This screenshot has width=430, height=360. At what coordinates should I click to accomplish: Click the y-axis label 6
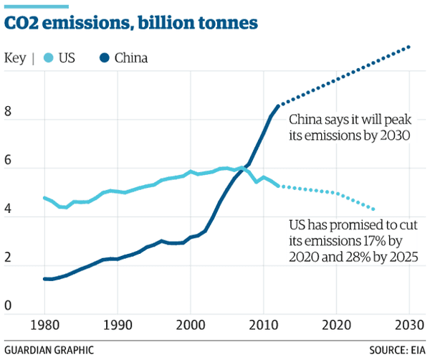(x=8, y=161)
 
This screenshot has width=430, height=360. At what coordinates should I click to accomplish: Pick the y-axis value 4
(x=8, y=210)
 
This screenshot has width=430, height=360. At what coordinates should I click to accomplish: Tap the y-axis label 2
(x=8, y=259)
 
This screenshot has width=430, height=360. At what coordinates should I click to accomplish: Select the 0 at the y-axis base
(x=8, y=307)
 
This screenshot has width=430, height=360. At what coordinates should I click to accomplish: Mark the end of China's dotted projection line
(x=409, y=47)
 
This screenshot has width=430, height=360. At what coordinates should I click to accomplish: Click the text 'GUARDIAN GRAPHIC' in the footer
(x=49, y=350)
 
